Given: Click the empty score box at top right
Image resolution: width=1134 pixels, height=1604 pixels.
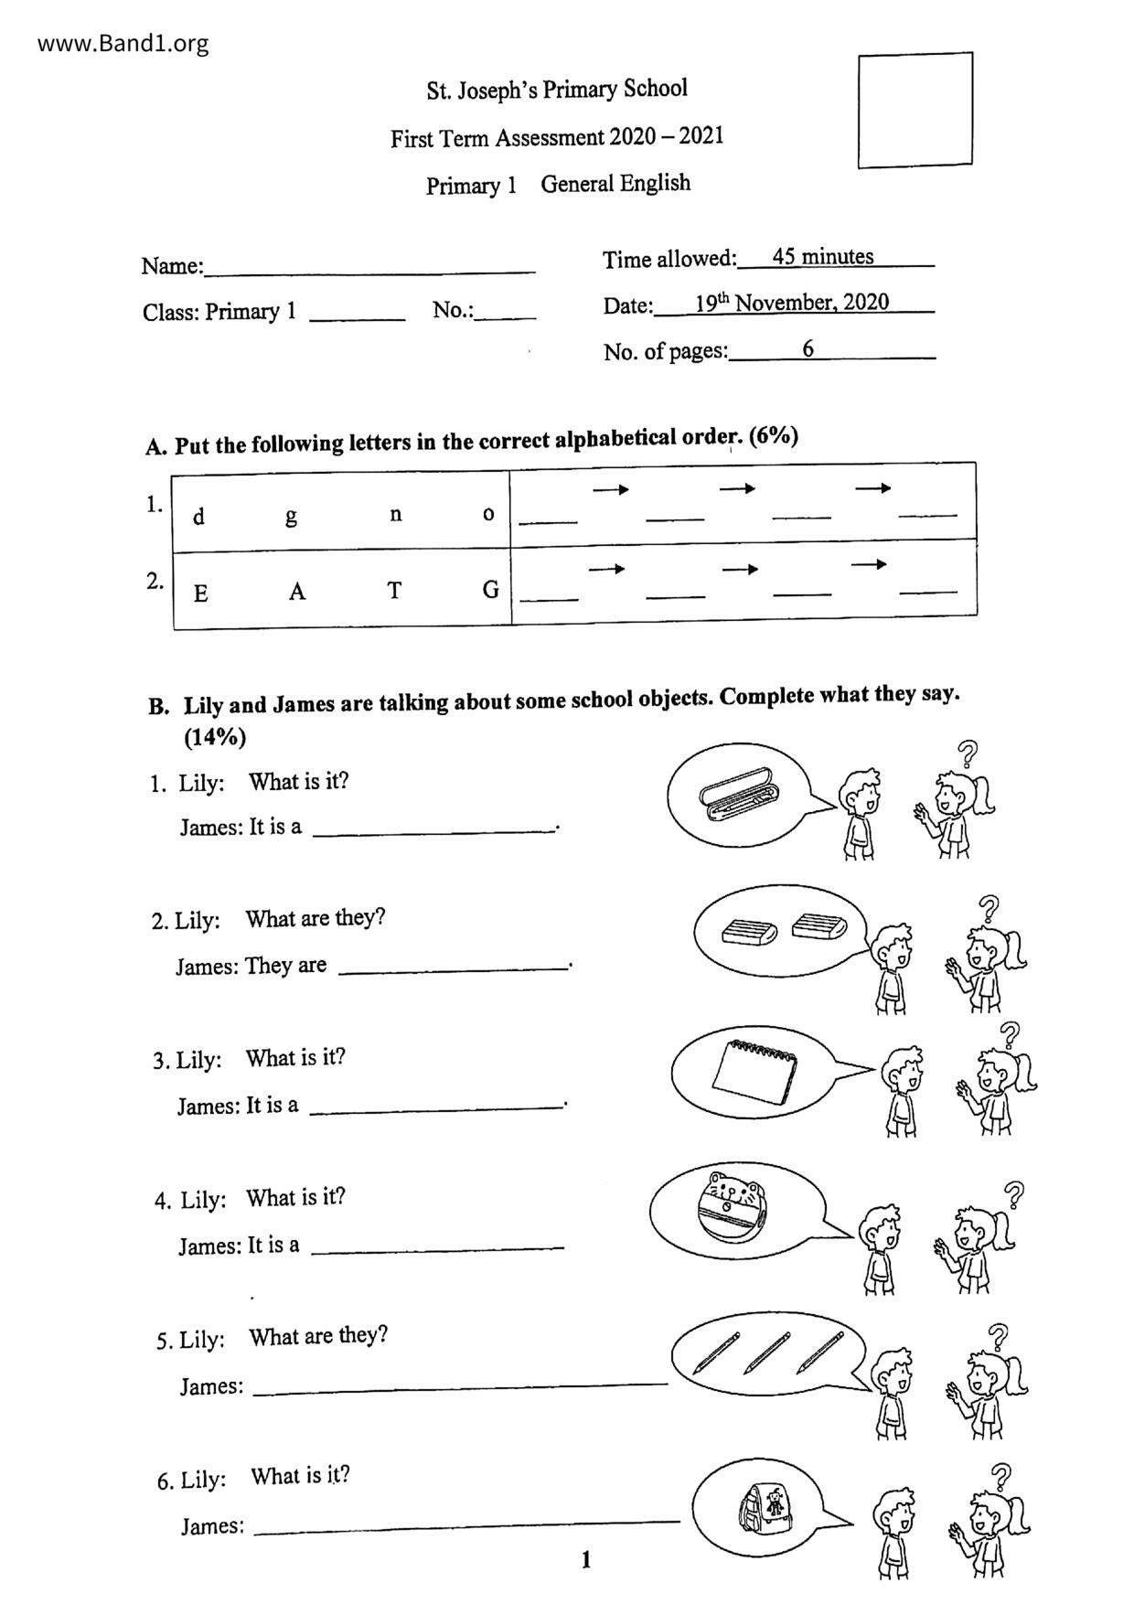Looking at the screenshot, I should coord(915,110).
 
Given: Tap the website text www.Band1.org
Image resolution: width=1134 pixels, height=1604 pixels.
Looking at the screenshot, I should coord(123,43).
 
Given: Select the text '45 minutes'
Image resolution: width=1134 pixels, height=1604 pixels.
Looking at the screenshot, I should coord(822,256).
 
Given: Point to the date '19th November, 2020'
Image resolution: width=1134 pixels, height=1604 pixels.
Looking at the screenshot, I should coord(791,303).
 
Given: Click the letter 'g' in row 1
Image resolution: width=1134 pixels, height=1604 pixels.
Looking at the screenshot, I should coord(291,517).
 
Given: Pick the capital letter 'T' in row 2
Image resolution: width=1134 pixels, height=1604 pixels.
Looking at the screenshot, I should coord(394,591).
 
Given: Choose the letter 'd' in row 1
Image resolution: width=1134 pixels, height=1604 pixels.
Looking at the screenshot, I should coord(198,518).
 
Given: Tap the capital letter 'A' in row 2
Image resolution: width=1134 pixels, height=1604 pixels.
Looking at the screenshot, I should coord(296,592).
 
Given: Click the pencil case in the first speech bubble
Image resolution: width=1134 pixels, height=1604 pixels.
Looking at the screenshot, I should coord(736,791).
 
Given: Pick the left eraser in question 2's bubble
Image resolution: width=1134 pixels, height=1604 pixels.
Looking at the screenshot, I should coord(748,932).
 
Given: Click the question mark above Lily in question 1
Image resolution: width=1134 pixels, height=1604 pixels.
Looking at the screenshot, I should coord(967,754).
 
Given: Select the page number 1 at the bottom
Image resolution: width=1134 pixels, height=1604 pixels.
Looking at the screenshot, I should coord(585,1559).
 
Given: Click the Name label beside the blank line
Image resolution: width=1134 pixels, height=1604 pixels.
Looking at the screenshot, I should coord(172,266).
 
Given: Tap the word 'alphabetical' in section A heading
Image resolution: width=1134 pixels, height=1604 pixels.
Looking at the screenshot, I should coord(615,439).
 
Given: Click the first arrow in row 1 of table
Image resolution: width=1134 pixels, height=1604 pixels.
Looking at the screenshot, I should coord(610,490).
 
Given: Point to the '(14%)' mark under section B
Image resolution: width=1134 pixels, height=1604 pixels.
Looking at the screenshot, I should coord(215,737).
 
